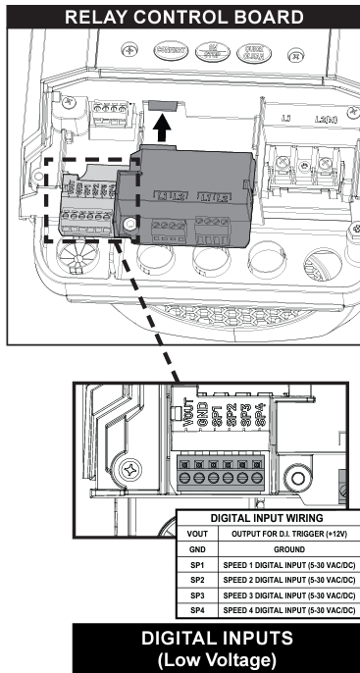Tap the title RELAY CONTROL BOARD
pyautogui.click(x=180, y=16)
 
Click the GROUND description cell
pyautogui.click(x=288, y=550)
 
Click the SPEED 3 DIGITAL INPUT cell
pyautogui.click(x=288, y=595)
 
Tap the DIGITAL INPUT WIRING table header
pyautogui.click(x=268, y=518)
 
